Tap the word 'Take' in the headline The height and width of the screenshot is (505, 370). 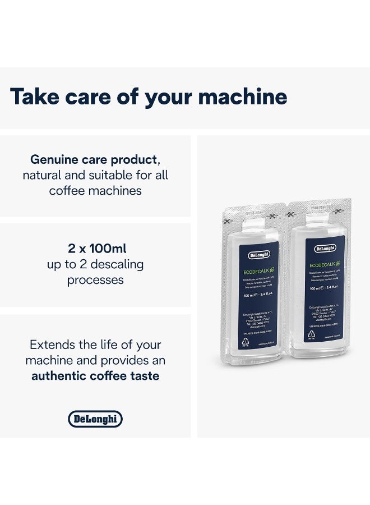tap(35, 97)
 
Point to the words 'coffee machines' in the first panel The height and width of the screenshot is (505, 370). tap(95, 190)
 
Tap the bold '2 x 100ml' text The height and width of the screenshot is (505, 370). tap(95, 248)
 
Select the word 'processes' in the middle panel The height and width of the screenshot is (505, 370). tap(95, 279)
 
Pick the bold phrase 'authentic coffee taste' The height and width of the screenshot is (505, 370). tap(95, 375)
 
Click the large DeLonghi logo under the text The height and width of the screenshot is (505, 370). tap(95, 419)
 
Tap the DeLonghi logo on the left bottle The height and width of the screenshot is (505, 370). tap(258, 255)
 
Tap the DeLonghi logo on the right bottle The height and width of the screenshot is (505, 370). tap(325, 248)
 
